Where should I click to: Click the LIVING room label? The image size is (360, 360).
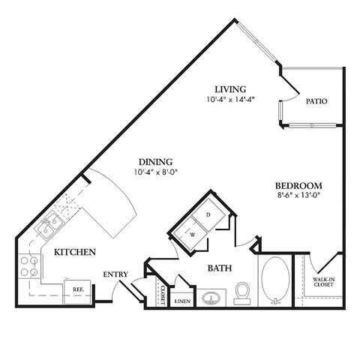229,88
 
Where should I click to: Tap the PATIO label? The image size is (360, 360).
316,100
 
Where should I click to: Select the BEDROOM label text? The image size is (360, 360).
298,185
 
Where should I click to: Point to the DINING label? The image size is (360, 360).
155,161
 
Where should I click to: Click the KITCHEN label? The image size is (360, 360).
74,253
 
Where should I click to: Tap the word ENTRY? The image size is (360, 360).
115,274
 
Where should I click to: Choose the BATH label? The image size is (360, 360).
219,267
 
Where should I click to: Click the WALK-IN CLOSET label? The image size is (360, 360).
324,282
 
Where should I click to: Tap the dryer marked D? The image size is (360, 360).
208,214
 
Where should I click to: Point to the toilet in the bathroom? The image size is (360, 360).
242,293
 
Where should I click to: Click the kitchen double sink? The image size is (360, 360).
50,223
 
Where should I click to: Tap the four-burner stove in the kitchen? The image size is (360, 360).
29,267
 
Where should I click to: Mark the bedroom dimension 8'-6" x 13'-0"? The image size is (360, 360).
298,196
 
